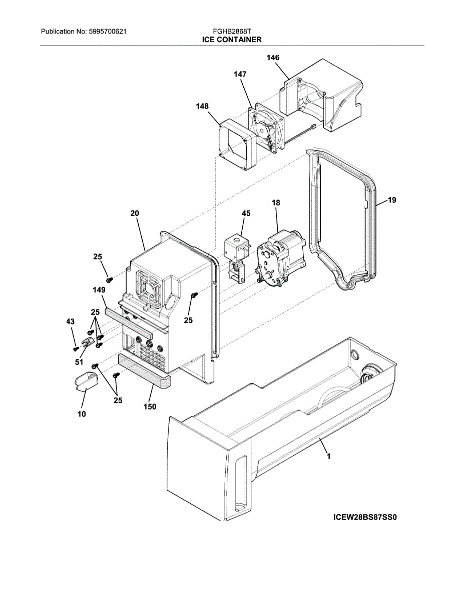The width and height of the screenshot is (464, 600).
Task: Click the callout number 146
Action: (x=273, y=58)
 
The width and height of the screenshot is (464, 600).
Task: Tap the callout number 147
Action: (x=240, y=74)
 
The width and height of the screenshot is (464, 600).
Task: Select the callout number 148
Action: (x=202, y=106)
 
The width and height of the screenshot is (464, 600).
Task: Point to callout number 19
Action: (x=391, y=200)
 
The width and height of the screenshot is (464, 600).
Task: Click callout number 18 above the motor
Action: (x=276, y=203)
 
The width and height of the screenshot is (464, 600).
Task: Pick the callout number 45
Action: (x=246, y=213)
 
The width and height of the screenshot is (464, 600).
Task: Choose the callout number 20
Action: (x=135, y=213)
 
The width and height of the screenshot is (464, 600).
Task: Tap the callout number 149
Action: (x=99, y=289)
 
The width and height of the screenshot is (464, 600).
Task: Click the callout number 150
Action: (x=150, y=406)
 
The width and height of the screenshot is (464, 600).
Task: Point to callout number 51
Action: (x=79, y=362)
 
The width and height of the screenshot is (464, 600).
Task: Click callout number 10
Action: (x=82, y=413)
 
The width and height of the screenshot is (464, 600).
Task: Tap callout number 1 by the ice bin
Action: (x=328, y=456)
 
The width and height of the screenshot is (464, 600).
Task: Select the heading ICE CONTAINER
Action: (x=232, y=39)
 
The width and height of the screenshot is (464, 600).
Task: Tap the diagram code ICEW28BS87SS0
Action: (x=364, y=517)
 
